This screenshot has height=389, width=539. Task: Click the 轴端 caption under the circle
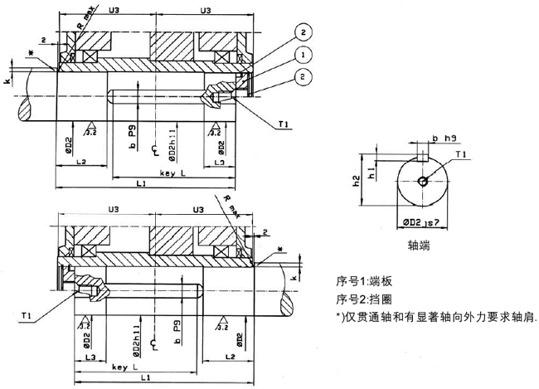[420, 246]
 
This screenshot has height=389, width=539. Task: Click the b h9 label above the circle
[444, 139]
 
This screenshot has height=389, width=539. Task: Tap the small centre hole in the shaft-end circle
[424, 182]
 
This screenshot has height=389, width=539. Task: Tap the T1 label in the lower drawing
[27, 314]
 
